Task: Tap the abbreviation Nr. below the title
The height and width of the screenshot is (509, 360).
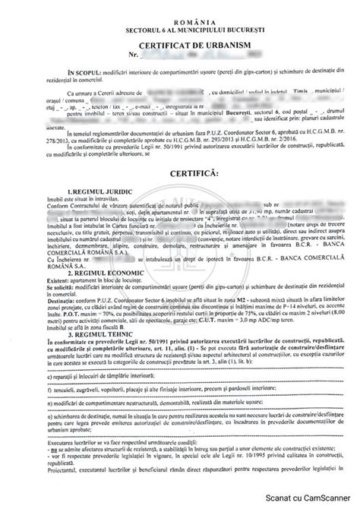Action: [134, 55]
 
